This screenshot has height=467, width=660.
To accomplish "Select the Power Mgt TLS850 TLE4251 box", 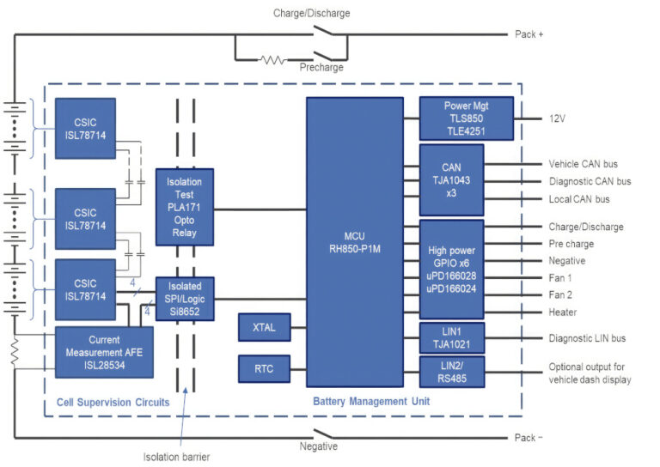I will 466,118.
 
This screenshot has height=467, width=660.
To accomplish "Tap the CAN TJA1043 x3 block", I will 451,179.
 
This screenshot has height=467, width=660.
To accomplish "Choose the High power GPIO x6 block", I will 451,269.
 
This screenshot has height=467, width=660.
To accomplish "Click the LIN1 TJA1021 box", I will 451,337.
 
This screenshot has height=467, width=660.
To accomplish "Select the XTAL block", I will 264,327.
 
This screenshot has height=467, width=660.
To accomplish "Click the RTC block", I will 264,368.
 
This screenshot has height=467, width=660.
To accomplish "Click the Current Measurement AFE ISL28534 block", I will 104,351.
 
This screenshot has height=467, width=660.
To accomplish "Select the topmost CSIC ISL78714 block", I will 84,128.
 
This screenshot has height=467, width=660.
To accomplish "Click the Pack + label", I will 529,34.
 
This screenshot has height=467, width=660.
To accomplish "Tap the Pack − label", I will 529,438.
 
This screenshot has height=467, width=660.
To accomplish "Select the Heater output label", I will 563,312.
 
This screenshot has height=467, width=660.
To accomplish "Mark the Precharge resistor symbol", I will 272,60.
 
